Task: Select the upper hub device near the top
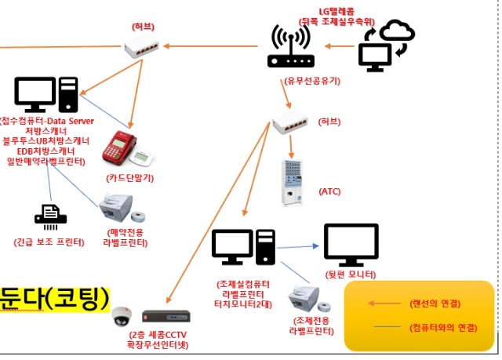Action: tap(144, 49)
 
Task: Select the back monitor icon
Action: tap(351, 245)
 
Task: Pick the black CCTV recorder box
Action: tap(166, 317)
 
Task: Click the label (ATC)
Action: tap(329, 191)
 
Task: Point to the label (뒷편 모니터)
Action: tap(350, 275)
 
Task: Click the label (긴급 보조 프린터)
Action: tap(49, 242)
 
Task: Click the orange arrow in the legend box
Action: tap(385, 304)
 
